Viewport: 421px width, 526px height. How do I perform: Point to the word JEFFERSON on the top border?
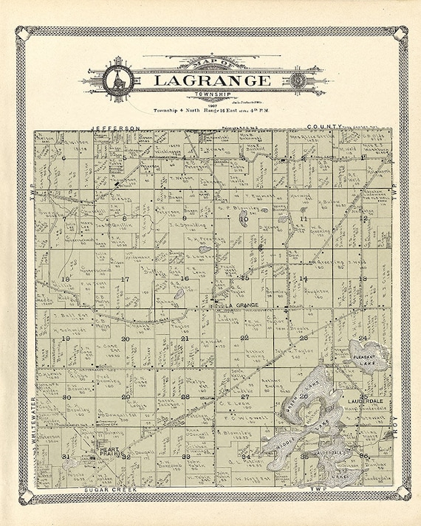click(115, 128)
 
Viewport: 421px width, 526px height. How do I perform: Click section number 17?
click(125, 279)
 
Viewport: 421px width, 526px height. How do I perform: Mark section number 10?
click(244, 219)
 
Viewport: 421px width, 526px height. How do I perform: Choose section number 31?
click(66, 457)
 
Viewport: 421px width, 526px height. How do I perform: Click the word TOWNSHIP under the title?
click(211, 95)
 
